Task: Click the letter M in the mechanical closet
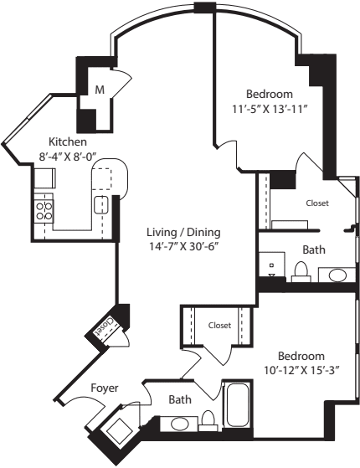[x=99, y=90]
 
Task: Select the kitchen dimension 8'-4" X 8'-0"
[x=69, y=155]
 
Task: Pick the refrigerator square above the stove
[x=44, y=177]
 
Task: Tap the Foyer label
[x=105, y=388]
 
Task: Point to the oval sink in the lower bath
[x=180, y=424]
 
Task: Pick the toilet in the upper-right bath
[x=301, y=271]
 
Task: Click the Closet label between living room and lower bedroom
[x=219, y=325]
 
